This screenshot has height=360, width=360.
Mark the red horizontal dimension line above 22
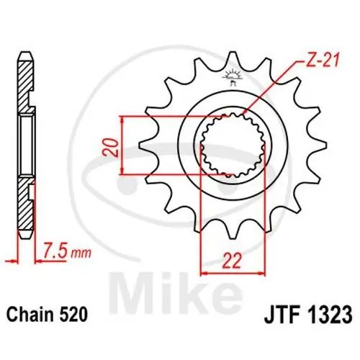231,274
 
